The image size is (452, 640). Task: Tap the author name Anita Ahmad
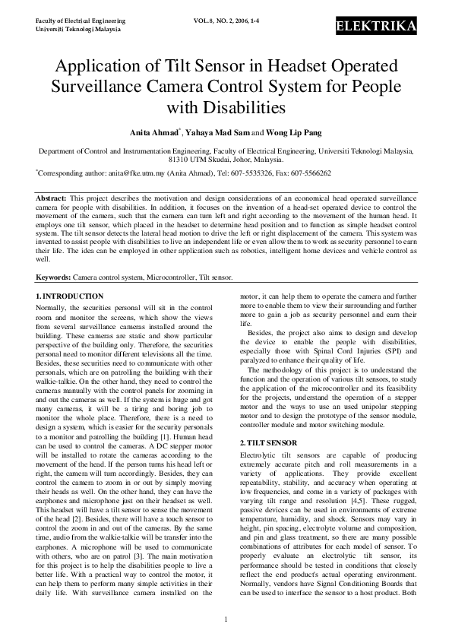click(157, 131)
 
